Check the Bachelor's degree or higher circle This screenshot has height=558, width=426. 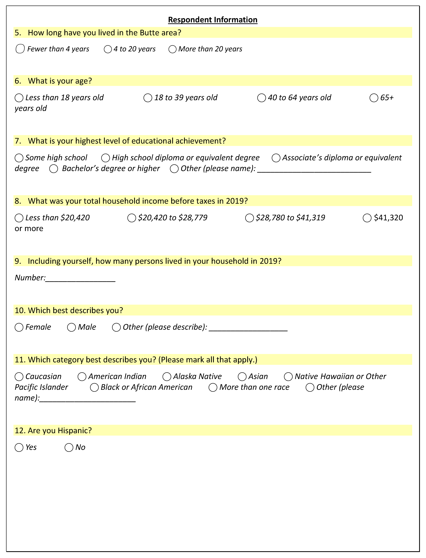coord(54,169)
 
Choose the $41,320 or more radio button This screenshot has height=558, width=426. coord(367,218)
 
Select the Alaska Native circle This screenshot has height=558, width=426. coord(167,377)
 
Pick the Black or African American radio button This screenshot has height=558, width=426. coord(94,387)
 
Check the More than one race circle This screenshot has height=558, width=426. coord(213,387)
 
